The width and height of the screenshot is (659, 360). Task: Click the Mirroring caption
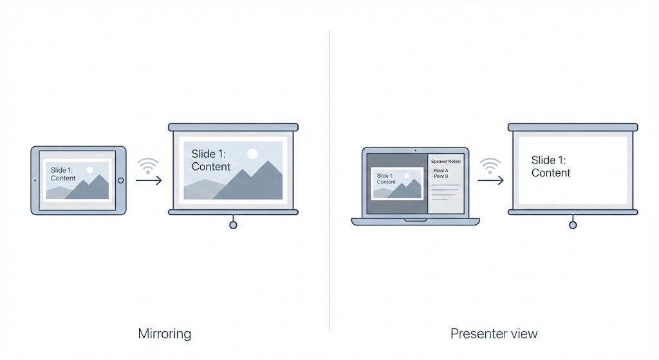(x=165, y=334)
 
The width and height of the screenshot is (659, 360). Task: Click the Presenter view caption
(x=494, y=334)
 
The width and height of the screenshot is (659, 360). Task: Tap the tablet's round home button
(x=120, y=180)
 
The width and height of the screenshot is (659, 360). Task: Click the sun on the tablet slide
(x=89, y=170)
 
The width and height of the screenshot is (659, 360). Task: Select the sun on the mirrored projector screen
(x=252, y=153)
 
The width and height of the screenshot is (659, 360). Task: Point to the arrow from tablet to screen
(x=149, y=180)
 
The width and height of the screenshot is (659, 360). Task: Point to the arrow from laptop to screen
(x=490, y=180)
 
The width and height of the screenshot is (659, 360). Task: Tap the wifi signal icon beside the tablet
(x=149, y=166)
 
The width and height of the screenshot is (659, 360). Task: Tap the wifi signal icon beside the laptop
(x=490, y=166)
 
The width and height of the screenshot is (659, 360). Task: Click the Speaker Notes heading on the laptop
(x=446, y=162)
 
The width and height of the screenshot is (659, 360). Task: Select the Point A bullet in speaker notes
(x=441, y=171)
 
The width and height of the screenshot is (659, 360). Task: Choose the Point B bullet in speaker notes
(x=441, y=176)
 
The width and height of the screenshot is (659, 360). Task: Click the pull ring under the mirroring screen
(x=233, y=225)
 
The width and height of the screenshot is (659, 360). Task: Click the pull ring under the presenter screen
(x=573, y=225)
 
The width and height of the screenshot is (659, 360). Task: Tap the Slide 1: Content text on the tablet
(x=63, y=174)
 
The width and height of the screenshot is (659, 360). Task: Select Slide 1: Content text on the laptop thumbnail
(x=386, y=178)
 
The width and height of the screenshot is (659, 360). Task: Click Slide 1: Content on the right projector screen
(x=551, y=166)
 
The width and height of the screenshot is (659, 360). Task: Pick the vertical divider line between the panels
(x=329, y=180)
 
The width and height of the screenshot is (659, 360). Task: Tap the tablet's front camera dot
(x=35, y=180)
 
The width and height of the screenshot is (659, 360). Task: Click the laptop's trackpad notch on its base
(x=416, y=220)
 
